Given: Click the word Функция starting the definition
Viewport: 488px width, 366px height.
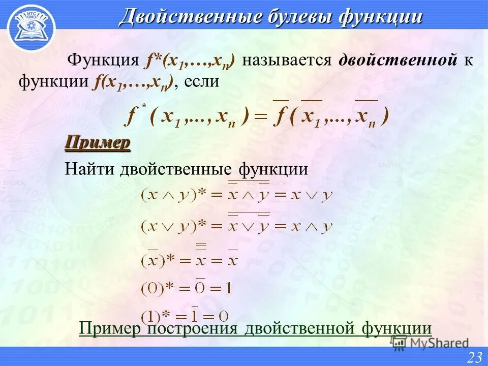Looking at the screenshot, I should [104, 60].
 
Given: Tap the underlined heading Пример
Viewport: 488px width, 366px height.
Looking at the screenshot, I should [98, 143].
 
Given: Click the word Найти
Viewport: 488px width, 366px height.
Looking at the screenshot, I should [89, 169].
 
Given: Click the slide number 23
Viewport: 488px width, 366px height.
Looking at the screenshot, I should [474, 357].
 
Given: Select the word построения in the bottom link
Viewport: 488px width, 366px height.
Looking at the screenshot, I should [193, 328].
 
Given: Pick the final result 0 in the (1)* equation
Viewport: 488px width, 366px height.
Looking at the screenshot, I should [224, 315].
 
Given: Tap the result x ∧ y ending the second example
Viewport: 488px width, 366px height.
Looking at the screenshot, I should [312, 225].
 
